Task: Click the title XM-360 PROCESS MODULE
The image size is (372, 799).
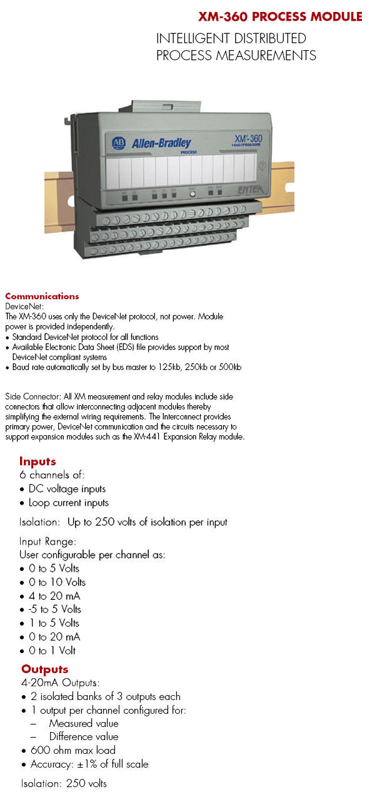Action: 280,17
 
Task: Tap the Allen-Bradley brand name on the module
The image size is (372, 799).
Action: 161,143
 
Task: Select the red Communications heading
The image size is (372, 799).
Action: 42,296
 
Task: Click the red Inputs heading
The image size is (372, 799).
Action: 38,462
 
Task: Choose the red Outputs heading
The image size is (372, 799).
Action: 44,669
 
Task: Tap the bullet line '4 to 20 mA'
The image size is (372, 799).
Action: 54,596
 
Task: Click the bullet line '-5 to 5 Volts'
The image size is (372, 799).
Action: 55,609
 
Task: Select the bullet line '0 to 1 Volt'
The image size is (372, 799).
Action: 53,651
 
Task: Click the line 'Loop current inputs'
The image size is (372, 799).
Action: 69,503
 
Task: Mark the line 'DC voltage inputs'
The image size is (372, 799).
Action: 68,489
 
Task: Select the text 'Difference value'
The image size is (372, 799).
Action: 84,736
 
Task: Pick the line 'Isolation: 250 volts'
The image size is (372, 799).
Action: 64,783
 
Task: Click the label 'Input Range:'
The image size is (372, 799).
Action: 48,542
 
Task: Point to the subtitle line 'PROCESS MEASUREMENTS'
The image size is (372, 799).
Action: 236,56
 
